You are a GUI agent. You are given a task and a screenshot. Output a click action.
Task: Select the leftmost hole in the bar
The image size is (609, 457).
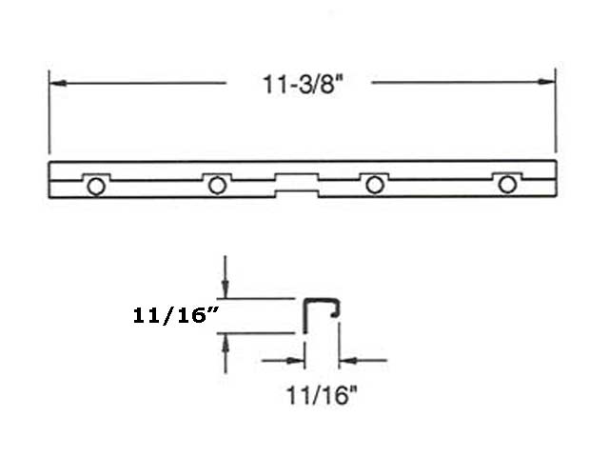(x=95, y=186)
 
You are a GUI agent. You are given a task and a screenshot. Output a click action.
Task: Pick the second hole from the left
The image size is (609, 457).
(x=217, y=185)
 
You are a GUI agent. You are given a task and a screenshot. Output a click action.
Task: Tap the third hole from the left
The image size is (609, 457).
(x=375, y=185)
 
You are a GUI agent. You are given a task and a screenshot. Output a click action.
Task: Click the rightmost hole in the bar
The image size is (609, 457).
(x=507, y=185)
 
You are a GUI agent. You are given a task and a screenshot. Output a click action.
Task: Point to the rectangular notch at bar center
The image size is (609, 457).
(x=296, y=182)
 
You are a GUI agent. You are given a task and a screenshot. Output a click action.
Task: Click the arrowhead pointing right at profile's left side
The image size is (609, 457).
(x=298, y=361)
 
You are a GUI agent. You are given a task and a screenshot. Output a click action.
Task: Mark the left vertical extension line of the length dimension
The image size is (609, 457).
(x=49, y=114)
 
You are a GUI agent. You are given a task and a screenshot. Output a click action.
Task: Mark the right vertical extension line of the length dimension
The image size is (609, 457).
(x=556, y=114)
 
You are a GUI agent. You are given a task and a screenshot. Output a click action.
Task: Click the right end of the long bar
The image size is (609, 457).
(x=554, y=180)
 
